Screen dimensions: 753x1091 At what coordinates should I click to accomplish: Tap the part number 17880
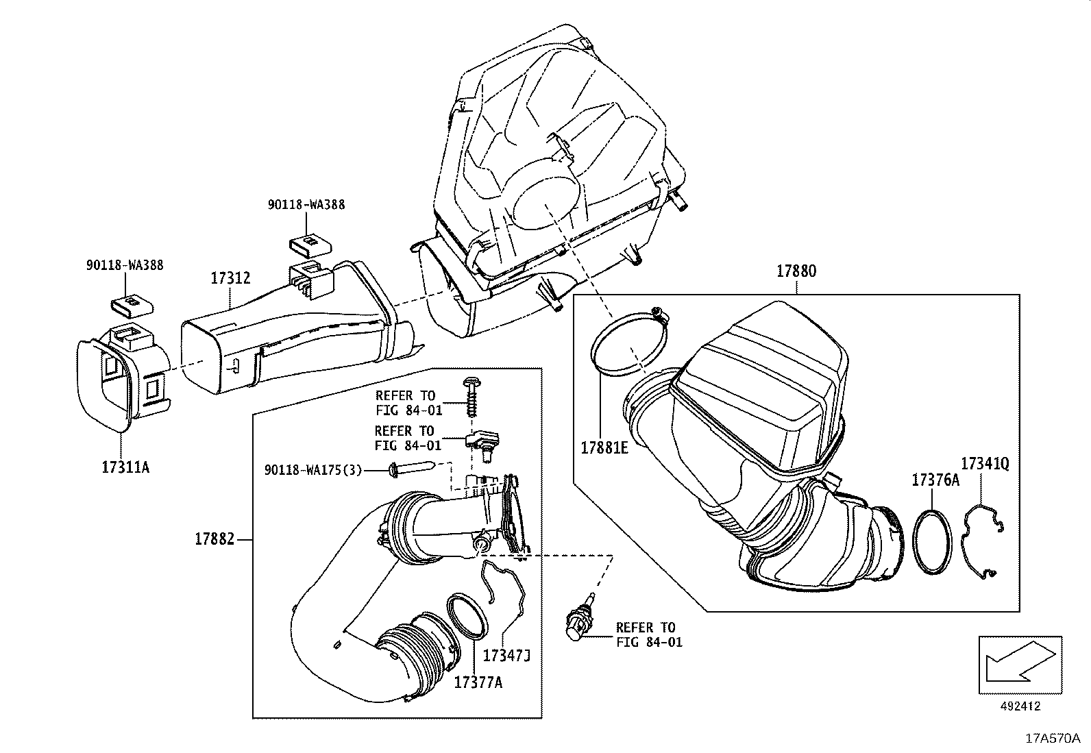(x=796, y=271)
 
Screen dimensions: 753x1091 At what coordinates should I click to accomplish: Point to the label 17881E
(x=604, y=447)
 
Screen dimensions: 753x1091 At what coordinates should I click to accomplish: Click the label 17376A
(x=935, y=480)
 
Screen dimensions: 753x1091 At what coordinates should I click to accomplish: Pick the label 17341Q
(x=984, y=464)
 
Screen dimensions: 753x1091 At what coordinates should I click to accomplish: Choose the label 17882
(x=214, y=539)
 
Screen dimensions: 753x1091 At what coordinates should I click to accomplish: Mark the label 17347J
(x=506, y=656)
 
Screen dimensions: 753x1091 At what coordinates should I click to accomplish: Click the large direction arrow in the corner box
(x=1020, y=662)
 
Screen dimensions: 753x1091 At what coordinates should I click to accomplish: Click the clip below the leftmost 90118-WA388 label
(x=130, y=303)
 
